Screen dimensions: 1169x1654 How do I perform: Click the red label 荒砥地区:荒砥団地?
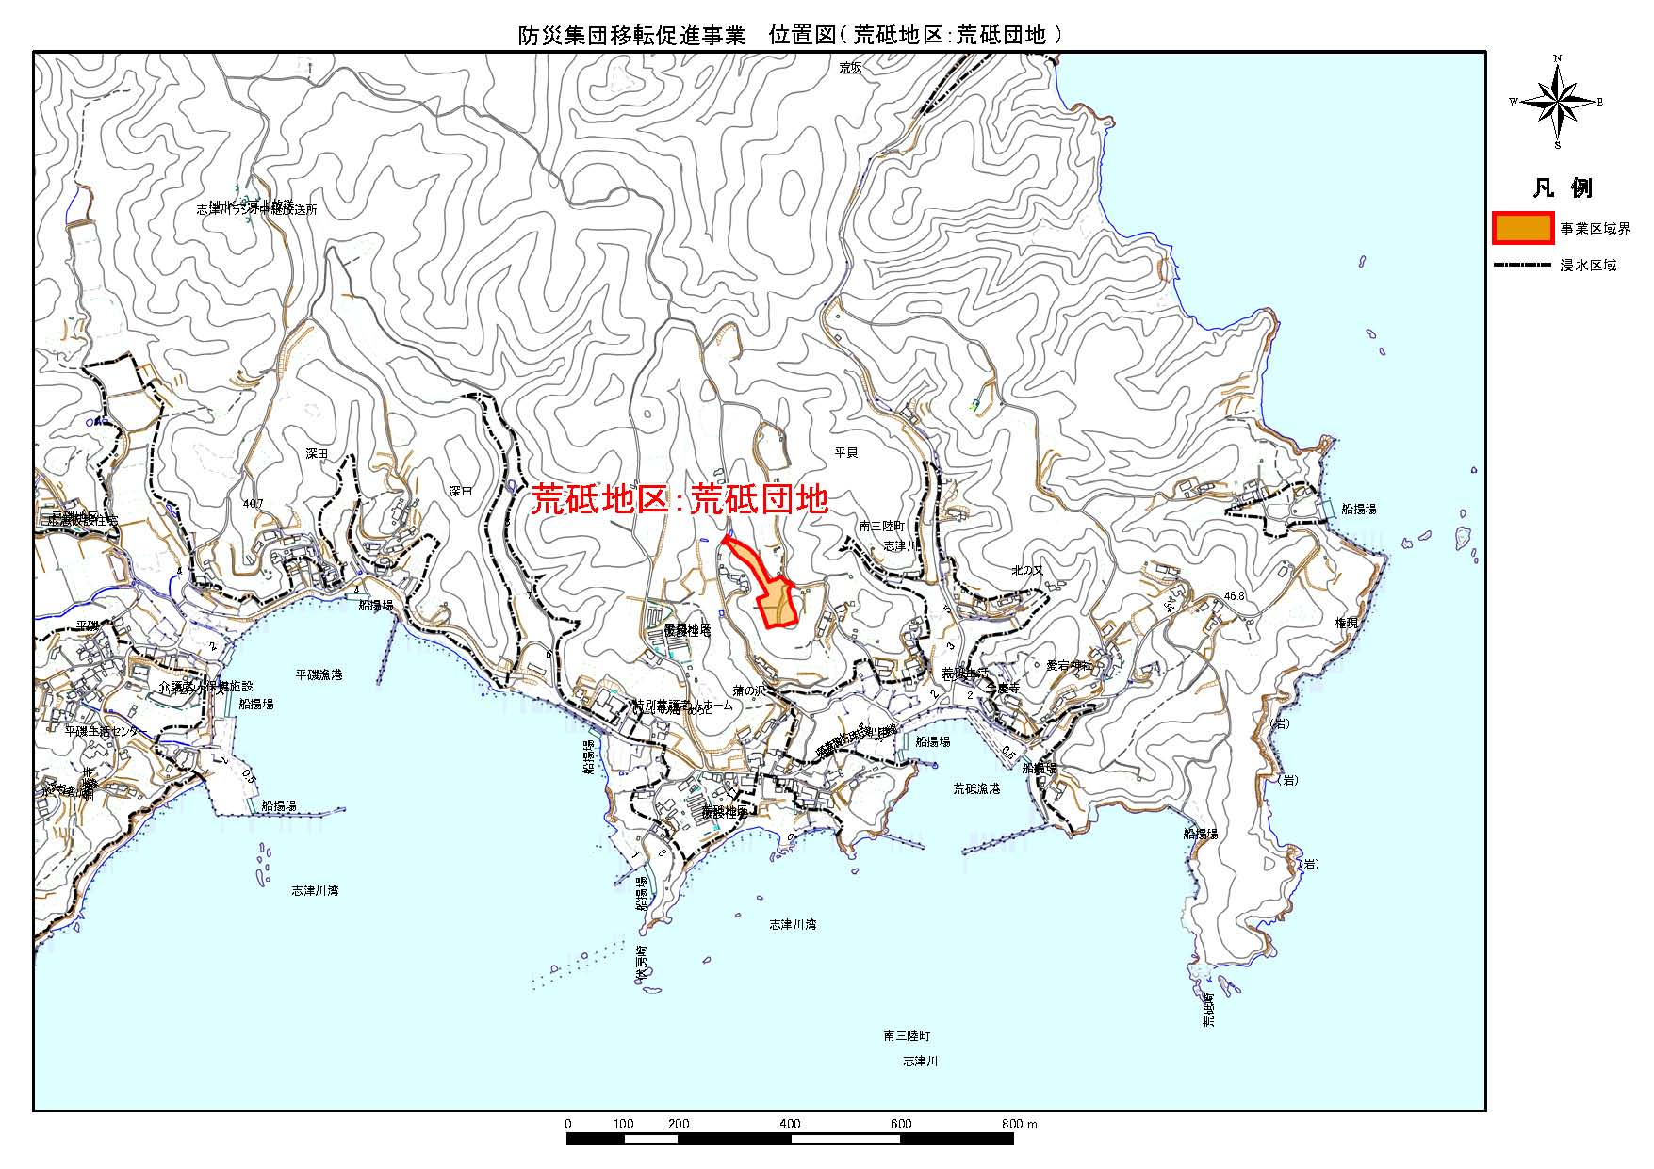click(680, 500)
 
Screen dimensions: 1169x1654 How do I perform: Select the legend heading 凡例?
click(1563, 187)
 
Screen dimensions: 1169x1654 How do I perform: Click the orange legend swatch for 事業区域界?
click(1522, 229)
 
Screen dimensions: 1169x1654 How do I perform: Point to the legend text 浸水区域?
click(1588, 266)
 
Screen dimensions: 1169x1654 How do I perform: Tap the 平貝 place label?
click(846, 453)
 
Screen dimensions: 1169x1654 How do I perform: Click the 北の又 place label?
click(1026, 571)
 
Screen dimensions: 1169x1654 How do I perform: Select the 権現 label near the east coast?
click(1347, 624)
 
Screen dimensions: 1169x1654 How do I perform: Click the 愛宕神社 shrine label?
click(1069, 665)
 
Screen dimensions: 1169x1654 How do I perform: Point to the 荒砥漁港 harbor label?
click(976, 788)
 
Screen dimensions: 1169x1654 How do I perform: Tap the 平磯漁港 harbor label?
click(319, 674)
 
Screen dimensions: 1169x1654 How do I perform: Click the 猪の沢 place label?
click(749, 691)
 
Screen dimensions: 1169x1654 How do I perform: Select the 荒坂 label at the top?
click(851, 67)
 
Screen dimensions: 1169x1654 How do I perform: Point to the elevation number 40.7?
click(253, 504)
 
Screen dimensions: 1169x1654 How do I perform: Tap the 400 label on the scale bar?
click(790, 1124)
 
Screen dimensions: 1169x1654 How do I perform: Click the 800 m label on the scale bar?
click(1019, 1124)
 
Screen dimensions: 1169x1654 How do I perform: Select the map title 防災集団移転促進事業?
click(631, 36)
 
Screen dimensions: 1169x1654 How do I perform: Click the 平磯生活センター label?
click(106, 731)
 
